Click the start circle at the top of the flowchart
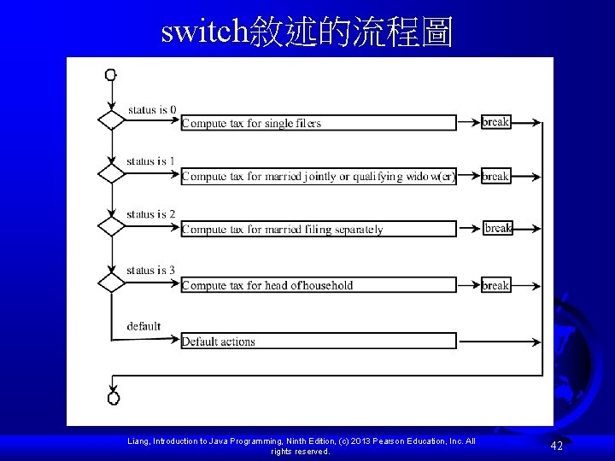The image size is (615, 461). point(111,74)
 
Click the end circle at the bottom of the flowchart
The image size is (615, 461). point(114,398)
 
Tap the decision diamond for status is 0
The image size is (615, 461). point(111,120)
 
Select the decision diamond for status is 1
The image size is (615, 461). point(111,173)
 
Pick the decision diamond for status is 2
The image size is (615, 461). point(111,226)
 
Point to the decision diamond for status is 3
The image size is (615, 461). point(111,283)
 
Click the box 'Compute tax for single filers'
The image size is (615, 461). point(319,123)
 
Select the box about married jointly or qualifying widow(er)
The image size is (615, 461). point(319,177)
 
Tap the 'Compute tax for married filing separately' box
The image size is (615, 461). point(319,229)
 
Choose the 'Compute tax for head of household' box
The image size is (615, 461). point(319,285)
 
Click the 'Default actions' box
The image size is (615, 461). point(319,341)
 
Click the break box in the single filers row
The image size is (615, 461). point(495,122)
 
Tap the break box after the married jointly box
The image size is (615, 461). point(495,176)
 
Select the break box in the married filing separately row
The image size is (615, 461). point(498,228)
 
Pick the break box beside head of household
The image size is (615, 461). point(495,285)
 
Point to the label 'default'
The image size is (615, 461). point(143,326)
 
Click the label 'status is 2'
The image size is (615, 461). point(151,214)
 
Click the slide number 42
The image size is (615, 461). point(556,445)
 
